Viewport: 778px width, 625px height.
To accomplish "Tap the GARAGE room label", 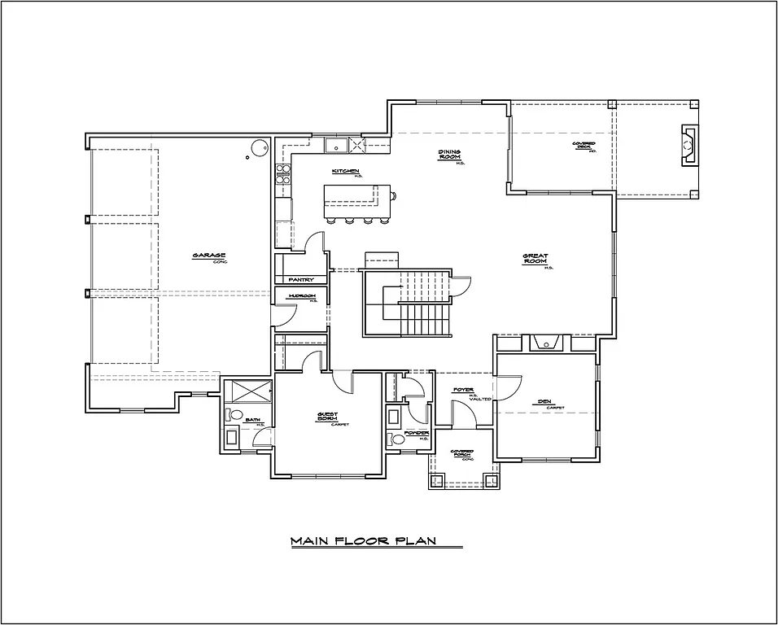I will coord(203,255).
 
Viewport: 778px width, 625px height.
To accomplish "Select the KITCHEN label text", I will coord(345,171).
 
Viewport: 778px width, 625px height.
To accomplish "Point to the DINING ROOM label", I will coord(450,155).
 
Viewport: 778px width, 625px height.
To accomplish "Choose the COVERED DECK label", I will coord(583,146).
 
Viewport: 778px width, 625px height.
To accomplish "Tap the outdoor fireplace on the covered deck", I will coord(688,146).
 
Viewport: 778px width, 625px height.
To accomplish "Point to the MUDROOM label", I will coord(300,296).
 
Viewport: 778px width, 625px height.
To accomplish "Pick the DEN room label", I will coord(544,401).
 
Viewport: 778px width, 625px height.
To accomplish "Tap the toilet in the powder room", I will coord(396,439).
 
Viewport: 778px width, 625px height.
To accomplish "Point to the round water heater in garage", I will coord(259,149).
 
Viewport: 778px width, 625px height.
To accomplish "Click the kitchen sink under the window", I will coord(334,146).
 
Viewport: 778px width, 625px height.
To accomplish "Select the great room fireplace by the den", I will coord(544,342).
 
